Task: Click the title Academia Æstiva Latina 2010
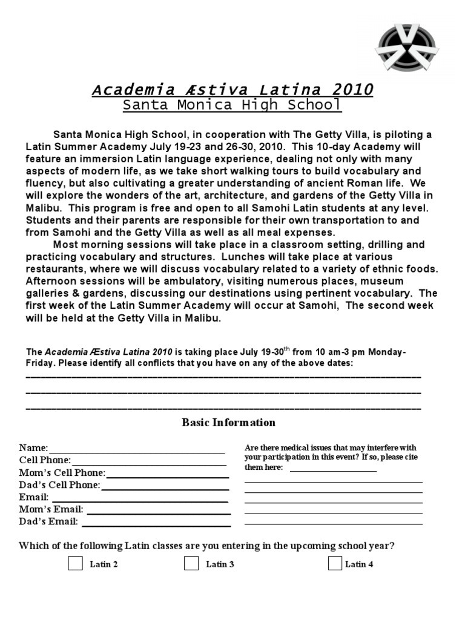232,90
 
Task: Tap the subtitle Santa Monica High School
232,105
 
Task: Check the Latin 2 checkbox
76,564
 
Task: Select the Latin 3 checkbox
191,564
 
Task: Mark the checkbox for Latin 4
335,564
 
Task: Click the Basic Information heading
228,423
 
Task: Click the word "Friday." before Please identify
40,363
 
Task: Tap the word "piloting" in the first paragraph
399,134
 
